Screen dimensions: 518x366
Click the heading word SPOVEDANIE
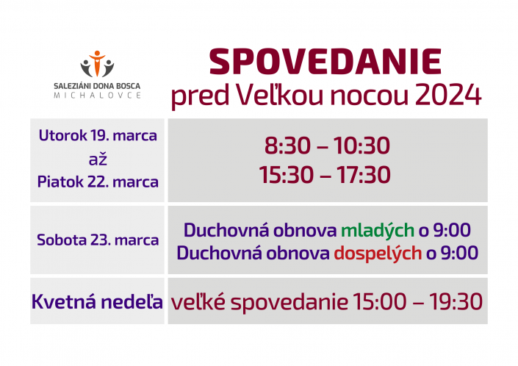point(325,62)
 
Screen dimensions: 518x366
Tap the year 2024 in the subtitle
point(448,95)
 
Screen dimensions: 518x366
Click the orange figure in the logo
point(97,62)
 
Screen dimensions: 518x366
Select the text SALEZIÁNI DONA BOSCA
point(97,86)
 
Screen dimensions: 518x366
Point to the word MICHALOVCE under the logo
point(97,96)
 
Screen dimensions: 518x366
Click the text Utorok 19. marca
point(98,135)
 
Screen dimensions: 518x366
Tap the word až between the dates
point(98,159)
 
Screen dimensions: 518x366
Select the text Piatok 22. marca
point(98,182)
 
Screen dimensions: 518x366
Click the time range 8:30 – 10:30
point(327,146)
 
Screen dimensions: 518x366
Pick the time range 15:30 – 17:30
point(325,174)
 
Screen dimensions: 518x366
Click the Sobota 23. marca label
point(98,240)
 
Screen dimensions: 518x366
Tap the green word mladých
point(378,231)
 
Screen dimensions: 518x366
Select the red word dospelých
point(378,254)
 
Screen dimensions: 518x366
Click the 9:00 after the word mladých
point(452,230)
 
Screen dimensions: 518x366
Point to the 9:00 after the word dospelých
point(459,253)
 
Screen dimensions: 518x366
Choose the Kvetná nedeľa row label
point(97,301)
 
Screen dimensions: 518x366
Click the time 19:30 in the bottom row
point(456,301)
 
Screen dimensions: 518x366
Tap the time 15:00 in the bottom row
point(379,301)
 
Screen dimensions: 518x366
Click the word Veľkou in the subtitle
point(281,95)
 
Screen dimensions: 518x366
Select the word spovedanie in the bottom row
point(289,303)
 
